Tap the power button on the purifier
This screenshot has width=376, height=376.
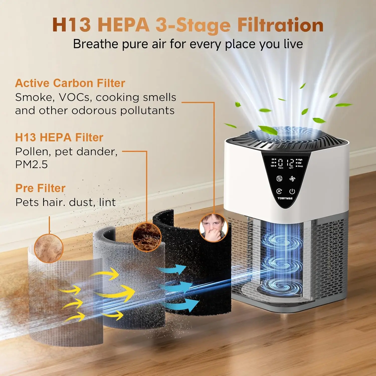tap(292, 192)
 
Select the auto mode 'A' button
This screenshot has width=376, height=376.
tap(279, 192)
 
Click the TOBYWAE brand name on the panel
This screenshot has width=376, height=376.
tap(285, 198)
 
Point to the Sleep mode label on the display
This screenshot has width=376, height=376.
tap(300, 166)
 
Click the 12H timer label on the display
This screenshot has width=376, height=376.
tap(272, 166)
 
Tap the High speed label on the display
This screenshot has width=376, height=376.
tap(300, 160)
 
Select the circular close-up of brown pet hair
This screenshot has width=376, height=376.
tap(49, 248)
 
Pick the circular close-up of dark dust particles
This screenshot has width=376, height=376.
tap(147, 237)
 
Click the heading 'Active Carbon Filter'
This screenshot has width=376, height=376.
tap(70, 83)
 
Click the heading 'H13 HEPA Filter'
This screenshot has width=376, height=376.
tap(59, 137)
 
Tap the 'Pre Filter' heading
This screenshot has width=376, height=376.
tap(40, 188)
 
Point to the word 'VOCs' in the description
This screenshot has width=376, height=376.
tap(74, 97)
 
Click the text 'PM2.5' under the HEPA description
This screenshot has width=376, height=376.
tap(31, 165)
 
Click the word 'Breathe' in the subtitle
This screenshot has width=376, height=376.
tap(96, 44)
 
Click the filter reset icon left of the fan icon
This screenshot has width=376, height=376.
tap(279, 179)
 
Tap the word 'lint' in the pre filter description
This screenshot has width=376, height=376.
tap(107, 202)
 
